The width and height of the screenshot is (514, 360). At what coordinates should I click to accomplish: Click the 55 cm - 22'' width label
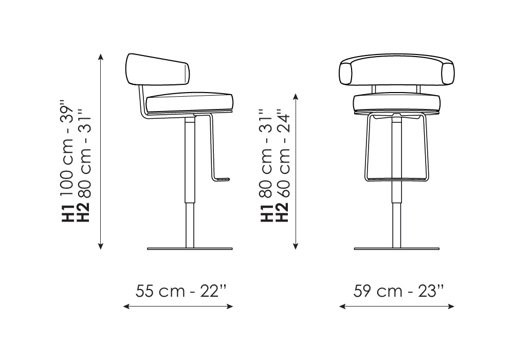pos(180,291)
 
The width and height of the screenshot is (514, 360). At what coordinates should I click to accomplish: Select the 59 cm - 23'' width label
pos(399,291)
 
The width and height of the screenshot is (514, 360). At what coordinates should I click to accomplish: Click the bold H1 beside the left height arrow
pos(67,213)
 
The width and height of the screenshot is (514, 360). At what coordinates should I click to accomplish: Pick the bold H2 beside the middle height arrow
pos(283,212)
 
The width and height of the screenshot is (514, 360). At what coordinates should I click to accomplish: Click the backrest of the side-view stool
pos(158,70)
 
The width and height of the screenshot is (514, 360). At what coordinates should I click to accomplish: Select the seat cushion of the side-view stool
pos(190,102)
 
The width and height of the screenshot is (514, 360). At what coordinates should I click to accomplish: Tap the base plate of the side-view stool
pos(190,249)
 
